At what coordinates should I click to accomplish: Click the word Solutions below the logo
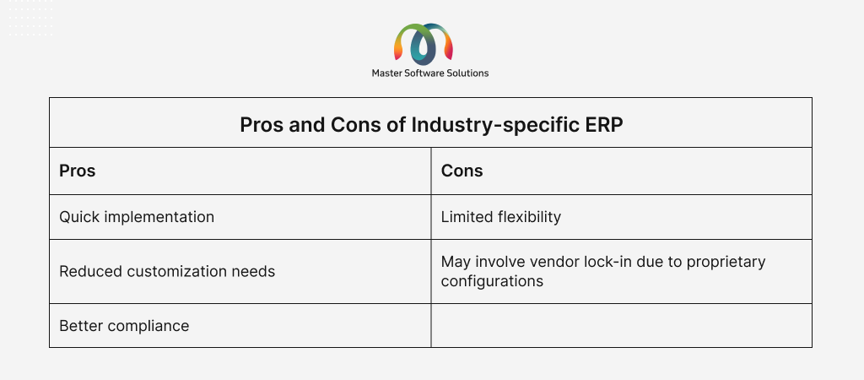coord(469,73)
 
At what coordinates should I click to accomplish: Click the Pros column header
coord(77,171)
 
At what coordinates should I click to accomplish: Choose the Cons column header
coord(462,171)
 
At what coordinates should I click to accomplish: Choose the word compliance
coord(148,327)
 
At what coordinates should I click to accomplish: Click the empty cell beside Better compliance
coord(621,325)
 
